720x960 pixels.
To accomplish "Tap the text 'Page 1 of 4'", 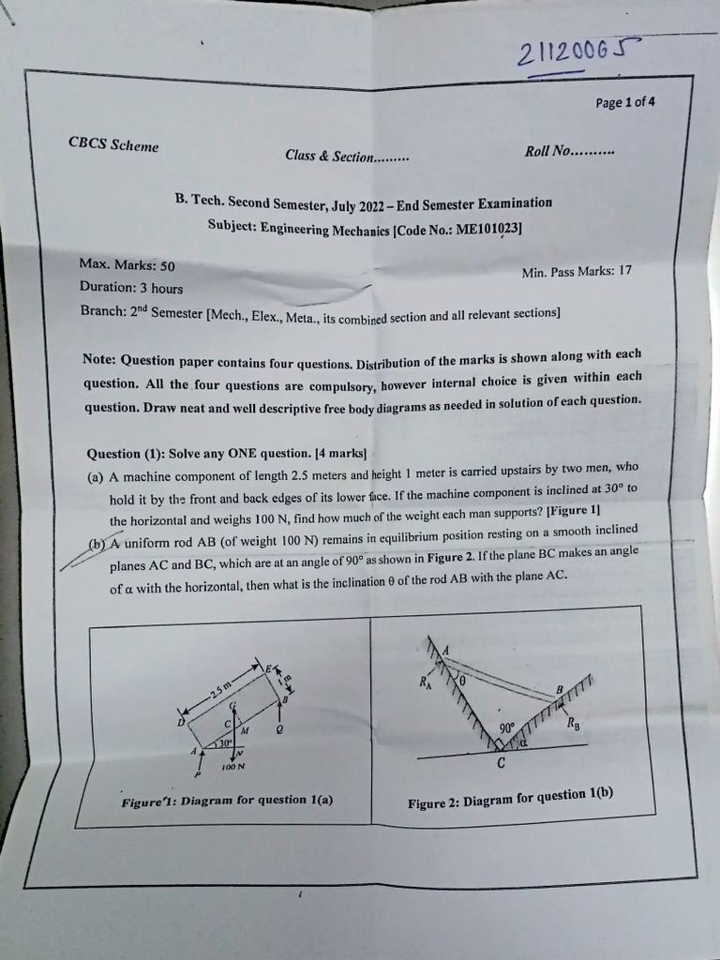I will tap(625, 102).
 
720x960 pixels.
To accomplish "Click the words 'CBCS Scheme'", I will tap(113, 145).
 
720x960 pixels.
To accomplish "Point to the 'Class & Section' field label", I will tap(347, 156).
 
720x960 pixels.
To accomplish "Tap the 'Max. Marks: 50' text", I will tap(127, 265).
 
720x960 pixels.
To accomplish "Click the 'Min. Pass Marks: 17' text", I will tap(577, 272).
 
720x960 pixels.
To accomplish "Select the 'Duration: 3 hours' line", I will tap(131, 288).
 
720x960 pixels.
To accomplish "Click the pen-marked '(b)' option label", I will tap(97, 544).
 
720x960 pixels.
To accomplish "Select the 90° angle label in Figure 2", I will tap(507, 727).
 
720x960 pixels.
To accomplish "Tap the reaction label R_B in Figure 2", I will tap(573, 723).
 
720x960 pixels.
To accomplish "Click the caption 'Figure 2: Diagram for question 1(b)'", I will tap(510, 798).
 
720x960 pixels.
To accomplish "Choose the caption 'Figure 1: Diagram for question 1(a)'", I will tap(227, 801).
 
